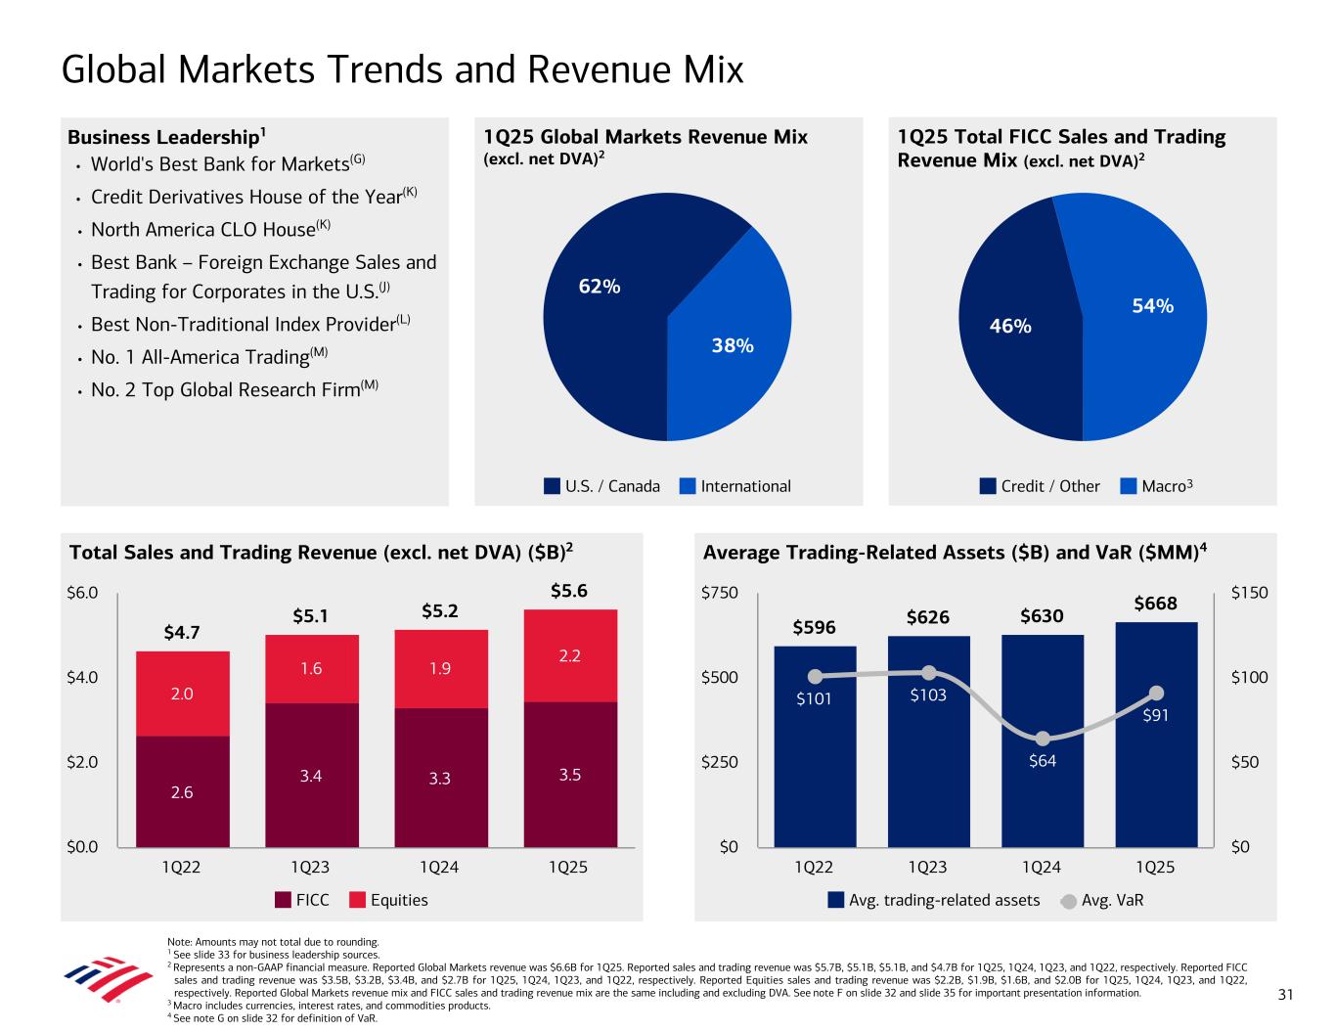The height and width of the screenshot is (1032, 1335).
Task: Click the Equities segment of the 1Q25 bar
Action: tap(570, 655)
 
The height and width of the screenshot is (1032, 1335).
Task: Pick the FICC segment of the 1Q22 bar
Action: tap(182, 791)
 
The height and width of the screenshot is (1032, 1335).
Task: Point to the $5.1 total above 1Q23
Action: tap(310, 616)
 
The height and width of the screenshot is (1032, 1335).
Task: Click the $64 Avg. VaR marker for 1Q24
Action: tap(1043, 739)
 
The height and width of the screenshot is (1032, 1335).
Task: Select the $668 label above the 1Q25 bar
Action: tap(1155, 604)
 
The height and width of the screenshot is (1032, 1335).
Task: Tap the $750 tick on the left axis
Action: tap(720, 593)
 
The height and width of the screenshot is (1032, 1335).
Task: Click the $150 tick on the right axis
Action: tap(1249, 593)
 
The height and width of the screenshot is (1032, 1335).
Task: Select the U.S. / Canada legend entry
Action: tap(602, 486)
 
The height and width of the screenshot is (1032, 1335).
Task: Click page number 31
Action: tap(1285, 996)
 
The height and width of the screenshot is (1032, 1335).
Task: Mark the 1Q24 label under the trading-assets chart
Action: tap(1042, 868)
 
